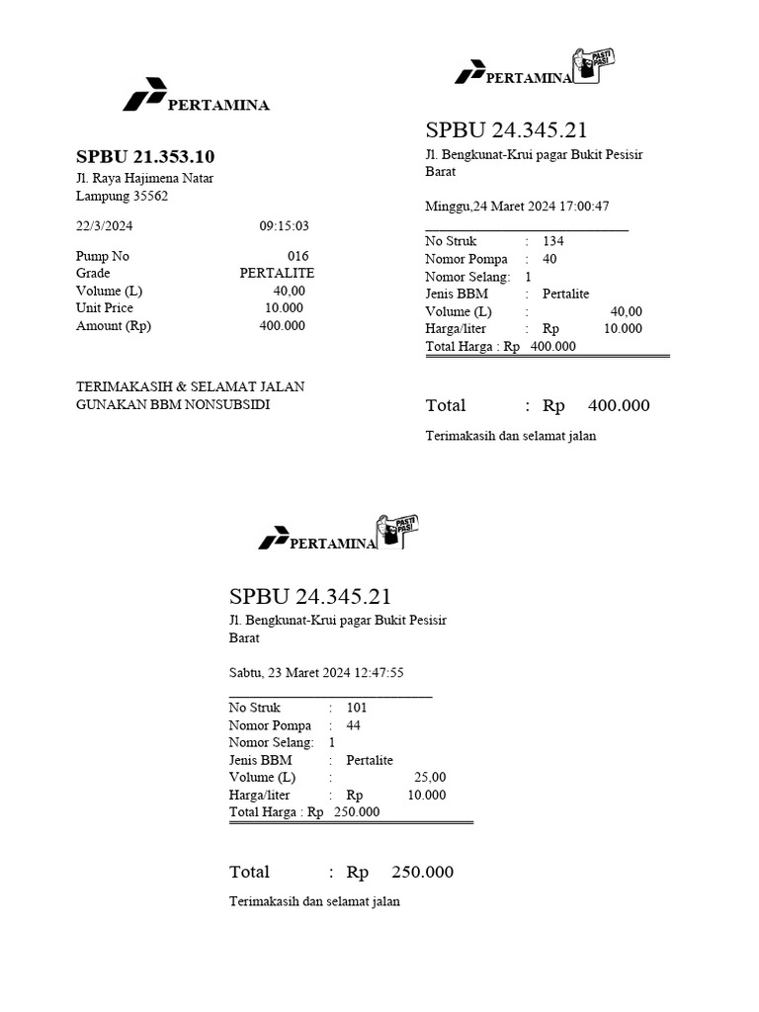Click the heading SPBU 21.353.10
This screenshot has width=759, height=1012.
point(145,157)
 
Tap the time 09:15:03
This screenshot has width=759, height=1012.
point(285,225)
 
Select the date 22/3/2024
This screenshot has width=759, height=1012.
point(104,225)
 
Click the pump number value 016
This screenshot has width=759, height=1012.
point(297,256)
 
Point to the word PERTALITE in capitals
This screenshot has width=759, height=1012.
point(277,273)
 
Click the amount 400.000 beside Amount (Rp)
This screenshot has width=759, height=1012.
point(282,326)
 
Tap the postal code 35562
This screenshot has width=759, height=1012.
point(151,196)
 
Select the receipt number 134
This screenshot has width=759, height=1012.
point(552,241)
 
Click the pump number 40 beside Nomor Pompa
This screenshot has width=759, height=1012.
point(549,259)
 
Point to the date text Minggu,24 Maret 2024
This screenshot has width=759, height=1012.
point(488,207)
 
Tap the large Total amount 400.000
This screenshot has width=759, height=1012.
point(619,405)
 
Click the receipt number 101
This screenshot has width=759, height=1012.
point(357,708)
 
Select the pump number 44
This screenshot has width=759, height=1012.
point(354,725)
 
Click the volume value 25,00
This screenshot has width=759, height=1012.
point(430,778)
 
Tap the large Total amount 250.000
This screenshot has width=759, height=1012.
point(423,872)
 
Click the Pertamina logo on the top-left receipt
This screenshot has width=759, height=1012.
point(141,97)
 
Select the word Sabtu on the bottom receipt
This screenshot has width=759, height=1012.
point(245,673)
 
